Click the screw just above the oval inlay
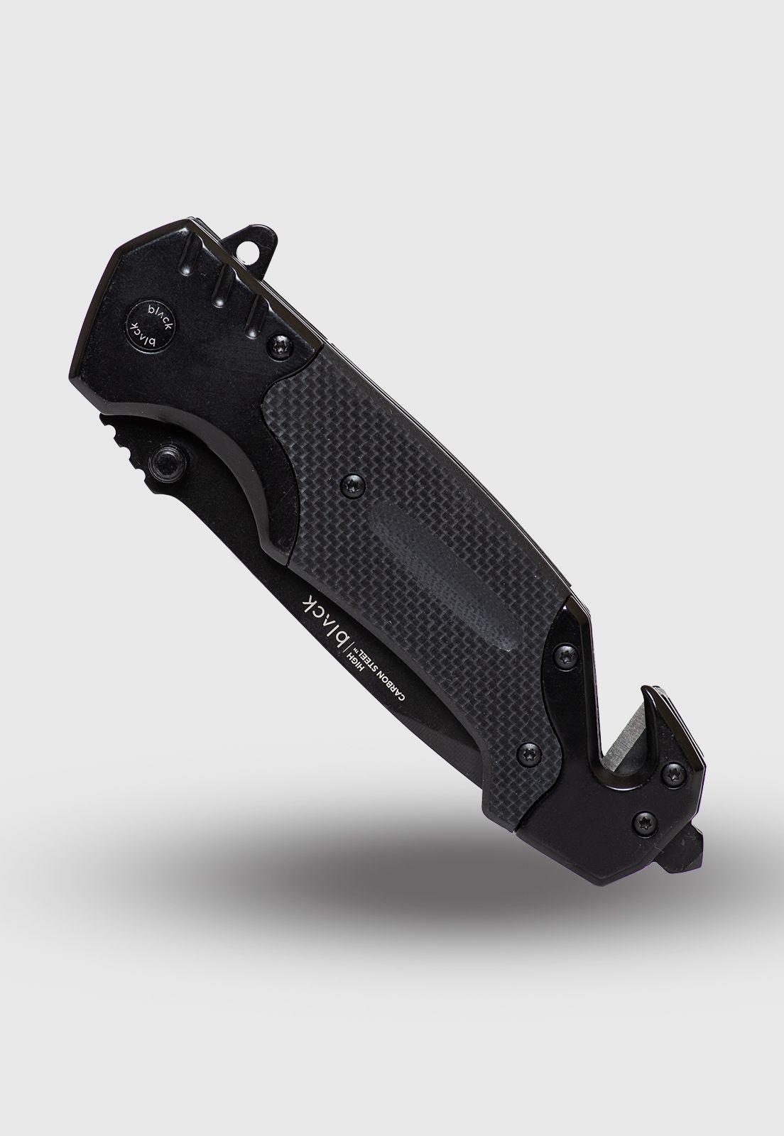353,483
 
